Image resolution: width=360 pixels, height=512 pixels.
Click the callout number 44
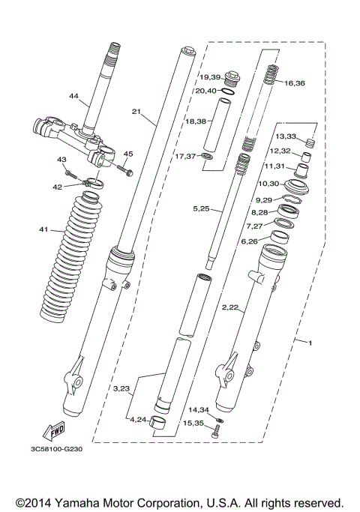73,96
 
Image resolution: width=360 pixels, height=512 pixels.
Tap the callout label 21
136,112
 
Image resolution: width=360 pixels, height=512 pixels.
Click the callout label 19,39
209,77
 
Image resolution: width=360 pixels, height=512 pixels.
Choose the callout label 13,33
286,136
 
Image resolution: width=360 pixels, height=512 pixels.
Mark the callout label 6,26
249,241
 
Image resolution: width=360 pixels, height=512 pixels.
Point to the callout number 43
62,160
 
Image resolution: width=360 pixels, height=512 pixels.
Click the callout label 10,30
268,184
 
